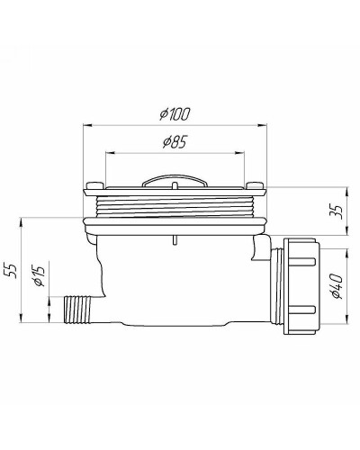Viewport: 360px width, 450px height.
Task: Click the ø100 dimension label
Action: pyautogui.click(x=177, y=114)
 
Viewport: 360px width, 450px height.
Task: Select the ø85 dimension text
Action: pyautogui.click(x=177, y=141)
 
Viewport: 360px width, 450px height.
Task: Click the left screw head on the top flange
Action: pyautogui.click(x=93, y=187)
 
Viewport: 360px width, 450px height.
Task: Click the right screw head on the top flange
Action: pyautogui.click(x=260, y=187)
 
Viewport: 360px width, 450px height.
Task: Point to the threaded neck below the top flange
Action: pyautogui.click(x=176, y=205)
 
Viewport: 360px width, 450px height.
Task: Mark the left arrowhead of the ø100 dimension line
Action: pyautogui.click(x=87, y=125)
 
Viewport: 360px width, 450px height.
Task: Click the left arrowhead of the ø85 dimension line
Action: pyautogui.click(x=109, y=151)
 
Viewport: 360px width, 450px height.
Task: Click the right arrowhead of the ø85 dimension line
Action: pyautogui.click(x=245, y=151)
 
